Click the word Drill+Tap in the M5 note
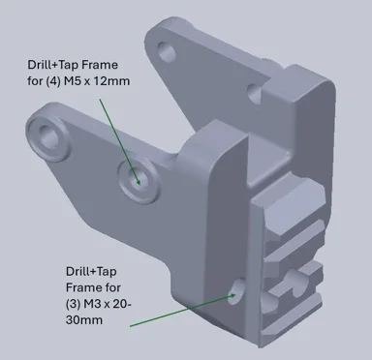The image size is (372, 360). pyautogui.click(x=53, y=65)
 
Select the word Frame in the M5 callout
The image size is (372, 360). pyautogui.click(x=100, y=65)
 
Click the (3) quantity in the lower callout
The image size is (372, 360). pyautogui.click(x=73, y=304)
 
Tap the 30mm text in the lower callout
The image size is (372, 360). pyautogui.click(x=84, y=320)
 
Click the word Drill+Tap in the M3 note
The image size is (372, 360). pyautogui.click(x=91, y=271)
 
